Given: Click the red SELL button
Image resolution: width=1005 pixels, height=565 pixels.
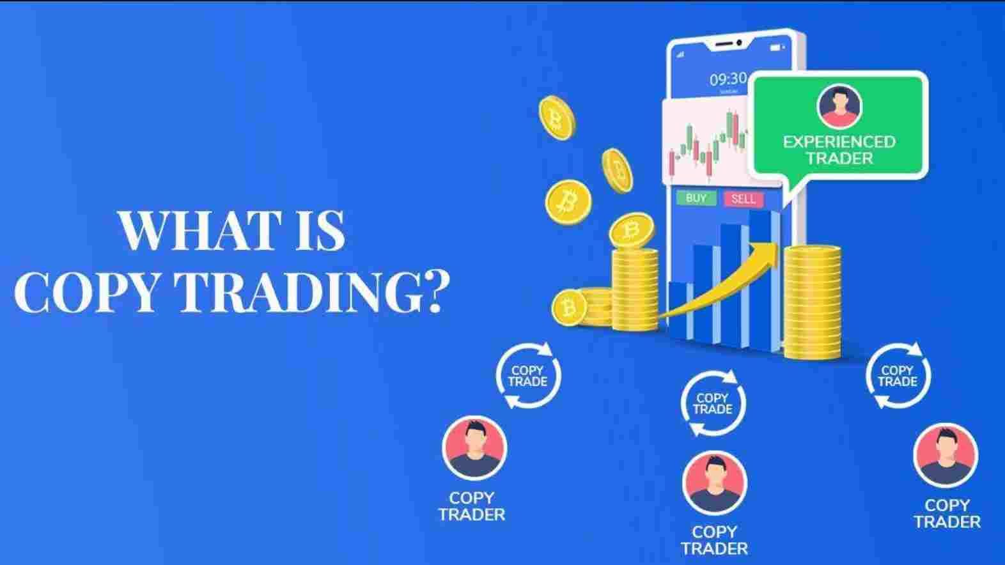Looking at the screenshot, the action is click(744, 199).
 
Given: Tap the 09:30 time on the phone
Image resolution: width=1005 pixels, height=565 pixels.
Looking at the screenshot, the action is click(728, 79).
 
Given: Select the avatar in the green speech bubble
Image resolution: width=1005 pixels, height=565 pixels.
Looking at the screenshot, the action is click(839, 107).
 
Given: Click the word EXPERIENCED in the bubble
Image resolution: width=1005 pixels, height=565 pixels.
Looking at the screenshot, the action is click(839, 142).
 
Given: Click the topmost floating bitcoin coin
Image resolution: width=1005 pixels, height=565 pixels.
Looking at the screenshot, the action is click(557, 118).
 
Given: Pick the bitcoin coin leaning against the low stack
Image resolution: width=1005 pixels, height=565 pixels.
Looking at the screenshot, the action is click(569, 307).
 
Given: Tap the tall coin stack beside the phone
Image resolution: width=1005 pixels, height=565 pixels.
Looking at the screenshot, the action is click(813, 302).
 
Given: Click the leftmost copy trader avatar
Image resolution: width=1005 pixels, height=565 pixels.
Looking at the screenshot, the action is click(474, 448).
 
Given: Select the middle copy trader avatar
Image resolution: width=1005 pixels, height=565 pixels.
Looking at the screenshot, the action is click(714, 483).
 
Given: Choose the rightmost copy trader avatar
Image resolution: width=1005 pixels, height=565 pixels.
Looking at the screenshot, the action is click(946, 455).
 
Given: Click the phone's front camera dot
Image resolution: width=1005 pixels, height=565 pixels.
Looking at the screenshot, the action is click(739, 43).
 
